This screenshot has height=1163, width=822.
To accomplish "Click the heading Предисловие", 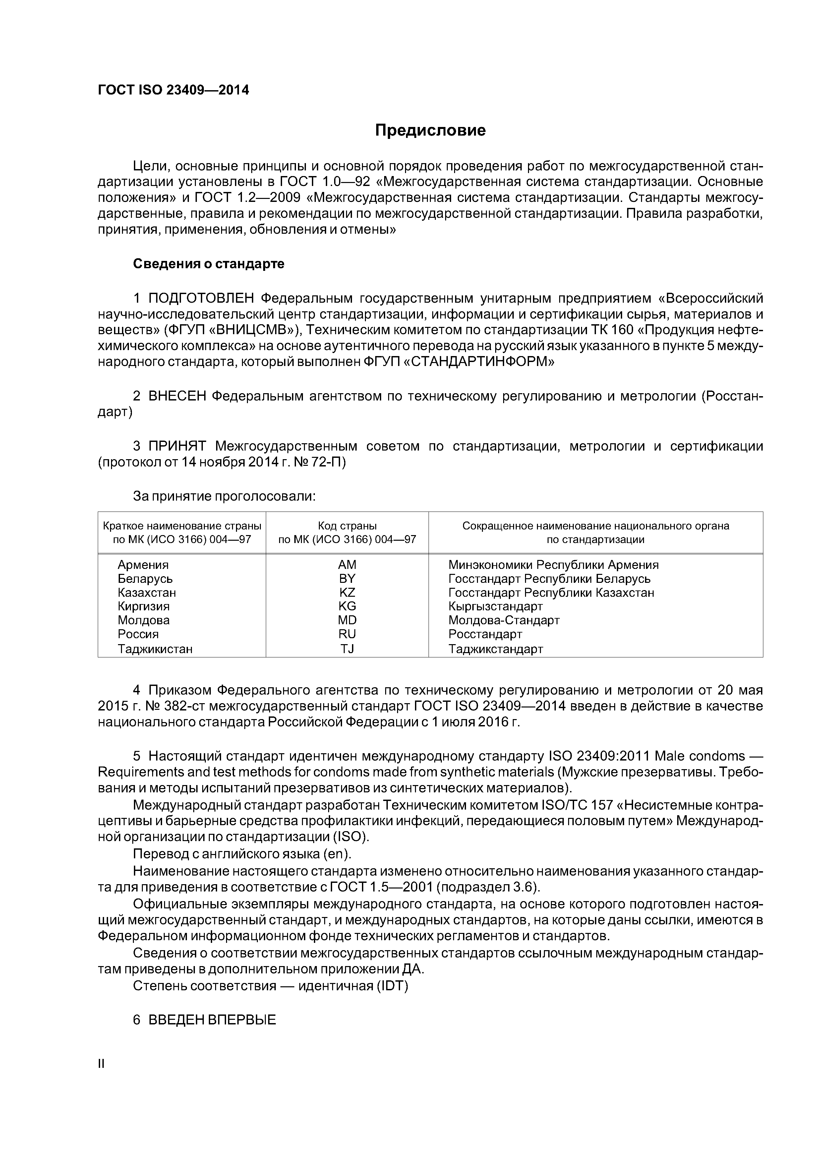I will pyautogui.click(x=430, y=131).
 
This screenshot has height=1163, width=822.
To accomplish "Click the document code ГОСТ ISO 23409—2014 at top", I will pyautogui.click(x=173, y=90).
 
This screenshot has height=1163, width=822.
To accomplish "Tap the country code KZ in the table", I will pyautogui.click(x=347, y=593).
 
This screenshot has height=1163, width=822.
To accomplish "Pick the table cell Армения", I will pyautogui.click(x=143, y=565).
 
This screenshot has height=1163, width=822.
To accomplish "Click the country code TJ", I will pyautogui.click(x=347, y=649).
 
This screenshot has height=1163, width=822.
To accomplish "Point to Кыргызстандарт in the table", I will pyautogui.click(x=495, y=606).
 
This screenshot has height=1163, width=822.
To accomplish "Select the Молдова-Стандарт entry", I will pyautogui.click(x=503, y=621).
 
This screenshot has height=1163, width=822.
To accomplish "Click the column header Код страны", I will pyautogui.click(x=347, y=526).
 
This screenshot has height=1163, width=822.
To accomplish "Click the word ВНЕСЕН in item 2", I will pyautogui.click(x=177, y=396).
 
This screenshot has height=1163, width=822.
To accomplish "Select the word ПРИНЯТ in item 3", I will pyautogui.click(x=177, y=446).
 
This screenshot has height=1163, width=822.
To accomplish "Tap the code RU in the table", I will pyautogui.click(x=347, y=634).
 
